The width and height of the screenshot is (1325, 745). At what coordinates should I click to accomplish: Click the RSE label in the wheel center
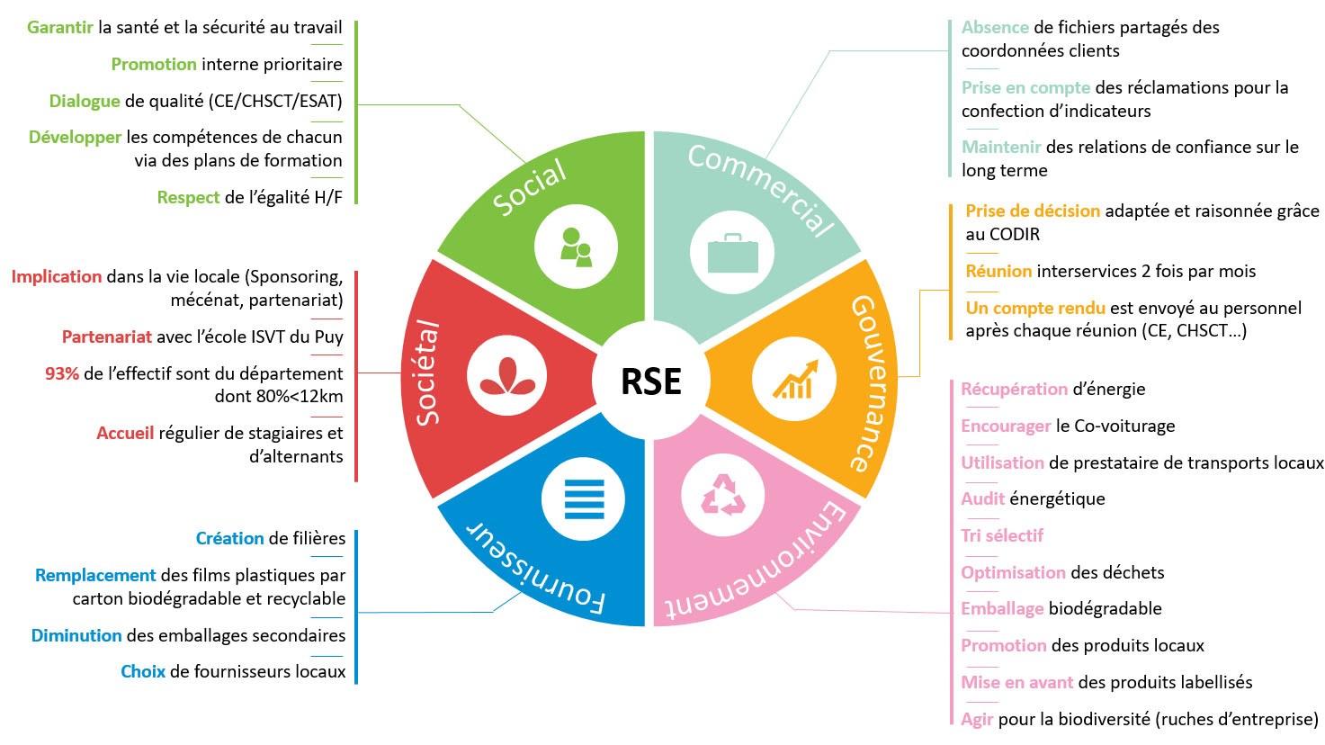coord(651,381)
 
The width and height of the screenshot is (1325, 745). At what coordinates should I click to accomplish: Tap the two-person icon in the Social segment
coord(576,247)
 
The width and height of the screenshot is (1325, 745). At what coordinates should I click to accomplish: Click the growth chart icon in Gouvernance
coord(795,380)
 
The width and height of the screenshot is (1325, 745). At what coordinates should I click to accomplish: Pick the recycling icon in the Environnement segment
coord(723,495)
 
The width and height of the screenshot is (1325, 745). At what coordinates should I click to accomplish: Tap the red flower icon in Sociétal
coord(508,376)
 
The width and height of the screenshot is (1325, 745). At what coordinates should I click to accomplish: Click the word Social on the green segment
coord(531,187)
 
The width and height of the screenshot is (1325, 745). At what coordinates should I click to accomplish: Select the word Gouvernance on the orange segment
coord(871,381)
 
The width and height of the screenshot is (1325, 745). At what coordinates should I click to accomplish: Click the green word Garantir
coord(59,27)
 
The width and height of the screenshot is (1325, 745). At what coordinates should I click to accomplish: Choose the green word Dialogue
coord(85,101)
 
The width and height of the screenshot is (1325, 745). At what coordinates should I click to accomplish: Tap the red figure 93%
coord(62,373)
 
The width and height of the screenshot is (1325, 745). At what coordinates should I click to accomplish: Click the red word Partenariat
coord(106,337)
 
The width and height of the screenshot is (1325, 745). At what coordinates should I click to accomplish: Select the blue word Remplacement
coord(95,575)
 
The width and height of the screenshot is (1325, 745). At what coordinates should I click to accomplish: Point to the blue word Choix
coord(143,671)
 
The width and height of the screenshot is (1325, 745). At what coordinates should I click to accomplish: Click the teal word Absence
coord(995,27)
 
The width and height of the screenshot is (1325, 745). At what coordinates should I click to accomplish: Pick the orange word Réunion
coord(998,271)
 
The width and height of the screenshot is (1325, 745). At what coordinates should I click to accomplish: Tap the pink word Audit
coord(982,498)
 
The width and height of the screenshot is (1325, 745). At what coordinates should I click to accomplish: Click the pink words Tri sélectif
coord(1002,535)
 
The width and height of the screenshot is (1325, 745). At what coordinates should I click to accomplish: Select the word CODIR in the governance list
coord(1014,234)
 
